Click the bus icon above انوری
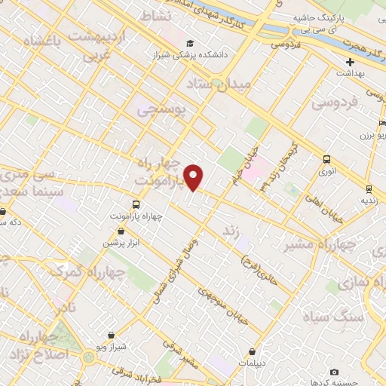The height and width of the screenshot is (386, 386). coord(326,159)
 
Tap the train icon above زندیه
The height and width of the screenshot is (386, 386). coord(369,188)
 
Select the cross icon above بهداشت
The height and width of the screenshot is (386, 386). coord(351,62)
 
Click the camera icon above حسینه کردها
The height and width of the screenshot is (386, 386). coord(334,372)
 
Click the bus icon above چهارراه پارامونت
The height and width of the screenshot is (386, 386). coord(136,204)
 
